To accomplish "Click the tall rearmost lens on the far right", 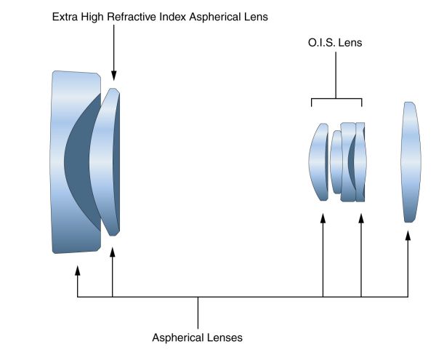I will pyautogui.click(x=411, y=161).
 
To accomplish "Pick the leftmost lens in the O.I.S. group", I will pyautogui.click(x=318, y=161).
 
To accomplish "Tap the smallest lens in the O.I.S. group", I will pyautogui.click(x=336, y=161).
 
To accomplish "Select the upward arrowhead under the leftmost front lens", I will pyautogui.click(x=78, y=271).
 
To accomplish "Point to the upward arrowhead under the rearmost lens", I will pyautogui.click(x=408, y=236).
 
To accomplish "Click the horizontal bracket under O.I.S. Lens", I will pyautogui.click(x=337, y=99).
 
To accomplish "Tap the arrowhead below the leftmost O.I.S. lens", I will pyautogui.click(x=323, y=219).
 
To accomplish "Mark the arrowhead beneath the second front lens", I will pyautogui.click(x=113, y=251).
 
